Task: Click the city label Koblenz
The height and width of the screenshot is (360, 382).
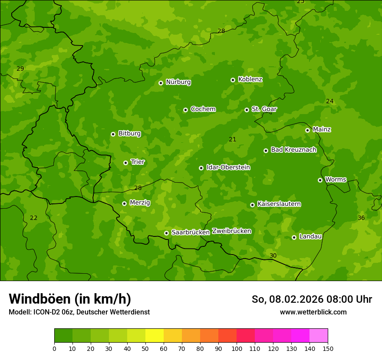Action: tap(250, 79)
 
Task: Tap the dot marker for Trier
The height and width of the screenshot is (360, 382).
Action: tap(125, 163)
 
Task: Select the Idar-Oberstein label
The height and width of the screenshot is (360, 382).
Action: tap(228, 167)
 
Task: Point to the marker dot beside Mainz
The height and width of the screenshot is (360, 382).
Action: tap(307, 130)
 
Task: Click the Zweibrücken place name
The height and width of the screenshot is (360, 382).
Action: tap(231, 231)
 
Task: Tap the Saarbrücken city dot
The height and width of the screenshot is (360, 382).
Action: tap(166, 233)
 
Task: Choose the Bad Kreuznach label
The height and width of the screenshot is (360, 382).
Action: tap(293, 150)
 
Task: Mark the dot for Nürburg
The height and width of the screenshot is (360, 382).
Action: tap(161, 83)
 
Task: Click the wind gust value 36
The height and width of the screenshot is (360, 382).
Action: tap(361, 218)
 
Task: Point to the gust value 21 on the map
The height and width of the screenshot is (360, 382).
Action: tap(233, 139)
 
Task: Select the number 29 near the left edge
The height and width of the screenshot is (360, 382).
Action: tap(20, 69)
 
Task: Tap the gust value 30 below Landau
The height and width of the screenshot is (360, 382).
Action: tap(273, 255)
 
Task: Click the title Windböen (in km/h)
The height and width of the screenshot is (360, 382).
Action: tap(70, 299)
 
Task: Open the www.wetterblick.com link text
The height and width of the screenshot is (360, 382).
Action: tap(313, 312)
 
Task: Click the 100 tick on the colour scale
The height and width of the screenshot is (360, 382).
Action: tap(237, 348)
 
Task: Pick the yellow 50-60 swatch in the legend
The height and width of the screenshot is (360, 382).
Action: tap(155, 336)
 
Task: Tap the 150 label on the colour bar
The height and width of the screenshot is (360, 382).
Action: tap(328, 348)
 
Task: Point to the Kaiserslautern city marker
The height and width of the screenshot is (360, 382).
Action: tap(252, 205)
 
